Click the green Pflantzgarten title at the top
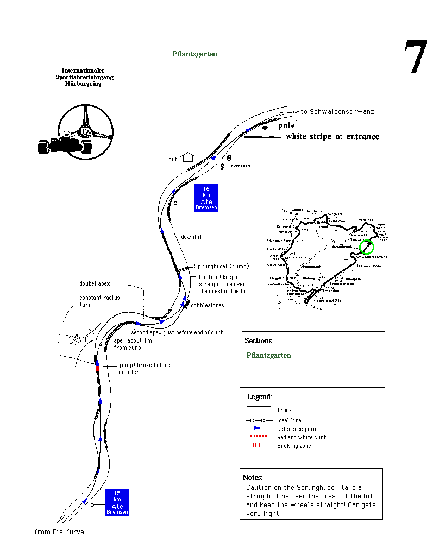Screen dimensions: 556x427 coord(194,54)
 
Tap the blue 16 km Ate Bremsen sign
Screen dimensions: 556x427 coord(206,198)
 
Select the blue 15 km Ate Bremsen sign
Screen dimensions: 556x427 coord(117,502)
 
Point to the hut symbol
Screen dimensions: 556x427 coord(188,157)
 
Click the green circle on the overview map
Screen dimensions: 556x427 coord(367,247)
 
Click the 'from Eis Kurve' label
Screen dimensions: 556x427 coord(59,532)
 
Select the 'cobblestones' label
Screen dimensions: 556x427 coord(207,305)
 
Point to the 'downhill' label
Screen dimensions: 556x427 coord(192,237)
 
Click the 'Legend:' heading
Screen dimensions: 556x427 coord(259,397)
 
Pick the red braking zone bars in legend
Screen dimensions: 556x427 coord(256,445)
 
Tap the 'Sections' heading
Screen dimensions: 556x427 coord(258,340)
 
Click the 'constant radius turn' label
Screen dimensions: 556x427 coord(99,301)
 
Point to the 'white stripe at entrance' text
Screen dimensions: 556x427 coord(332,137)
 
